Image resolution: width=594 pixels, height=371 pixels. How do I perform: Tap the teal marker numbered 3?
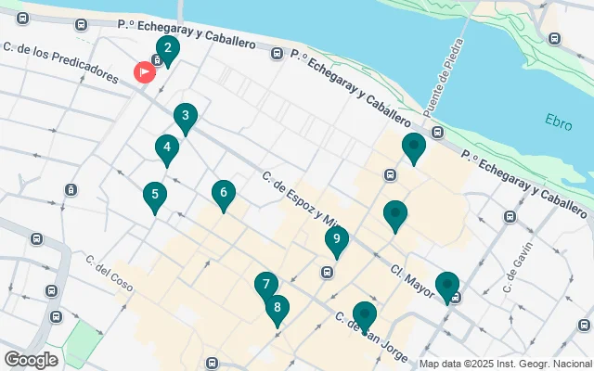(x=186, y=117)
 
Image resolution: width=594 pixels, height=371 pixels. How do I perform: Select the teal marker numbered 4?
(x=166, y=147)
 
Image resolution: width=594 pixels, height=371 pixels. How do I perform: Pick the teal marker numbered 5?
(x=155, y=196)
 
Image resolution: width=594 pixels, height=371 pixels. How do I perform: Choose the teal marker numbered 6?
(x=223, y=194)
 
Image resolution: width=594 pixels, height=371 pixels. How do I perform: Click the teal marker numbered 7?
(x=266, y=286)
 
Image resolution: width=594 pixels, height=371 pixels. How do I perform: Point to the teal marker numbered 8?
(x=277, y=308)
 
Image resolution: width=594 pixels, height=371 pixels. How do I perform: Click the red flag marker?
(x=146, y=71)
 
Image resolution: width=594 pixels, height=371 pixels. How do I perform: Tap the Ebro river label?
(x=559, y=121)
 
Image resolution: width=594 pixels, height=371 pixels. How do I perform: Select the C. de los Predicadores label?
(x=61, y=61)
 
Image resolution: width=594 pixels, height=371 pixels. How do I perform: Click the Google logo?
(x=31, y=360)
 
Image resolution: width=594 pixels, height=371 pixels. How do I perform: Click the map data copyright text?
(x=505, y=364)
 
